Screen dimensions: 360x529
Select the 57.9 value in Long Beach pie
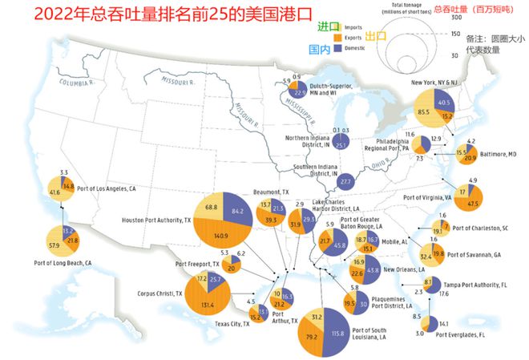click(56, 244)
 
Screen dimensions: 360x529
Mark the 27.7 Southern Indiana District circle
click(346, 182)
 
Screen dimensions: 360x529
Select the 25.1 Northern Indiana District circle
click(341, 145)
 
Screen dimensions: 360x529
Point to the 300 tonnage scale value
click(454, 17)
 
